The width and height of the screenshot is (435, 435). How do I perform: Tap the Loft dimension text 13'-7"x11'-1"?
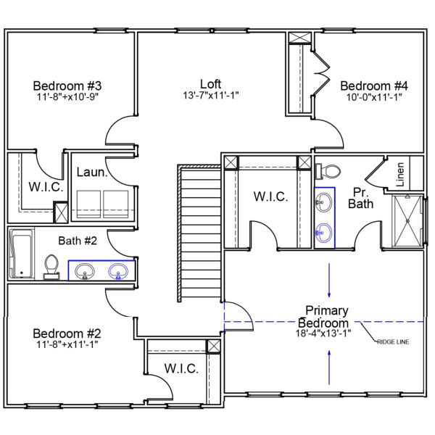(x=211, y=95)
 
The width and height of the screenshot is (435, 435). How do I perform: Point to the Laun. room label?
(x=93, y=173)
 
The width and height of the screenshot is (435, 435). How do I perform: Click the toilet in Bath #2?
(x=51, y=265)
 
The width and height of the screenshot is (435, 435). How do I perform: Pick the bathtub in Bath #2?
(x=22, y=254)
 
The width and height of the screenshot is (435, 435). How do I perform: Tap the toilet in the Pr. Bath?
(x=330, y=171)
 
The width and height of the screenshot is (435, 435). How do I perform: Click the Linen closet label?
(x=400, y=175)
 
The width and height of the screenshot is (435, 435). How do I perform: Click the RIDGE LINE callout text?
(x=392, y=341)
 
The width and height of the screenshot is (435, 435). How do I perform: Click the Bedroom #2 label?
(x=67, y=333)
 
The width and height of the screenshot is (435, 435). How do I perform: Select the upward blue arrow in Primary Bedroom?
(x=329, y=367)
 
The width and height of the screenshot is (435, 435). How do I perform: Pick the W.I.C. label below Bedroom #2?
(x=181, y=368)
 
